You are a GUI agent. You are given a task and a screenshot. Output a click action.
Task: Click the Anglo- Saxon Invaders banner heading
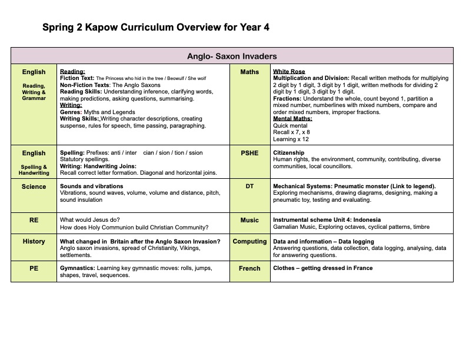(x=232, y=56)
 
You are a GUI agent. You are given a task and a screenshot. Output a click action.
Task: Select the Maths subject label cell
(x=249, y=72)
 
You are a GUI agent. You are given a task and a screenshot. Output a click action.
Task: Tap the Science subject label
(x=34, y=186)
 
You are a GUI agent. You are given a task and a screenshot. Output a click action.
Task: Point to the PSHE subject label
(x=249, y=153)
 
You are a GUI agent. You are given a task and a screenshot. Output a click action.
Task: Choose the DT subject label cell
(x=249, y=186)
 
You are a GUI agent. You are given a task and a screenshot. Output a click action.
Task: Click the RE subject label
(x=34, y=220)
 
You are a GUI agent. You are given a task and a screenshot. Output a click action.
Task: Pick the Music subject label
(x=249, y=220)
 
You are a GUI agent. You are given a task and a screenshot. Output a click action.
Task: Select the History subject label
(x=34, y=241)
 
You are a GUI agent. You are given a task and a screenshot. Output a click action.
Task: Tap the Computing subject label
(x=249, y=241)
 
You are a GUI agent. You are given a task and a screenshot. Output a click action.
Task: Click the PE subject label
(x=34, y=268)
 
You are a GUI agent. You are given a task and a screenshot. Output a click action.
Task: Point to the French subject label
(x=249, y=268)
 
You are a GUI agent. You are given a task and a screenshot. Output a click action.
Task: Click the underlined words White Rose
(x=288, y=71)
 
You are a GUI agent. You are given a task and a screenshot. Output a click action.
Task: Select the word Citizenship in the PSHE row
(x=289, y=153)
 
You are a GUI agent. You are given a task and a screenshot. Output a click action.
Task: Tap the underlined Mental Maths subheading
(x=292, y=119)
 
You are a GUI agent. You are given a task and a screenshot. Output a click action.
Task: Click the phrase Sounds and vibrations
(x=91, y=186)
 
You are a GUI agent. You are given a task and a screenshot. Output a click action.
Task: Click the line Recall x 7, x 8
(x=291, y=132)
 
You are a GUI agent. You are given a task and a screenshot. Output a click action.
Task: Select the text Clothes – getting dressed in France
(x=323, y=268)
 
